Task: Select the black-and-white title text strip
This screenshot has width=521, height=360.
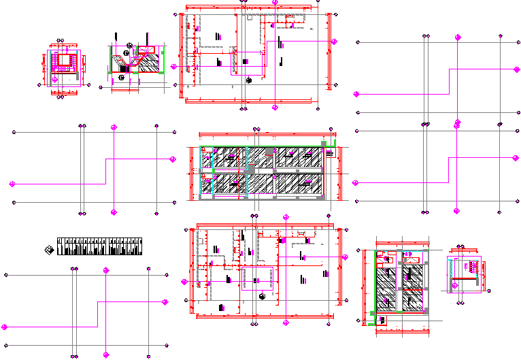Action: (x=101, y=246)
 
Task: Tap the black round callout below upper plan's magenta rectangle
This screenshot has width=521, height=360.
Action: (x=249, y=80)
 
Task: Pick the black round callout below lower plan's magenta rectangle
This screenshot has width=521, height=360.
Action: (x=262, y=296)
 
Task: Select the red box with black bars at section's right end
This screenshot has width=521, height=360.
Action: (x=330, y=154)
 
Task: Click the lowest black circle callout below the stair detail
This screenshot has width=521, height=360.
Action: (x=122, y=78)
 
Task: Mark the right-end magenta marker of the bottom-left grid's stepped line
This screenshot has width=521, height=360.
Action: (x=165, y=301)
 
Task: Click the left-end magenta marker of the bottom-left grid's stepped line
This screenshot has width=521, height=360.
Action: (x=6, y=327)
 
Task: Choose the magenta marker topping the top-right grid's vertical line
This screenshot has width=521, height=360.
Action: (x=458, y=37)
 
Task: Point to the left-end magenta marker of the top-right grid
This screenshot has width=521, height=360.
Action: (x=355, y=94)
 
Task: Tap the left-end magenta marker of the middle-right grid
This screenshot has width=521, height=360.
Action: (x=355, y=182)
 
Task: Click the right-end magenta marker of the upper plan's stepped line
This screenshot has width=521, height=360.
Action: (x=334, y=41)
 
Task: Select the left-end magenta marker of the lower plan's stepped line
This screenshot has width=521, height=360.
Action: (x=184, y=281)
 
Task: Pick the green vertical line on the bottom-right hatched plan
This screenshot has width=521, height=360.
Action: (x=375, y=282)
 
